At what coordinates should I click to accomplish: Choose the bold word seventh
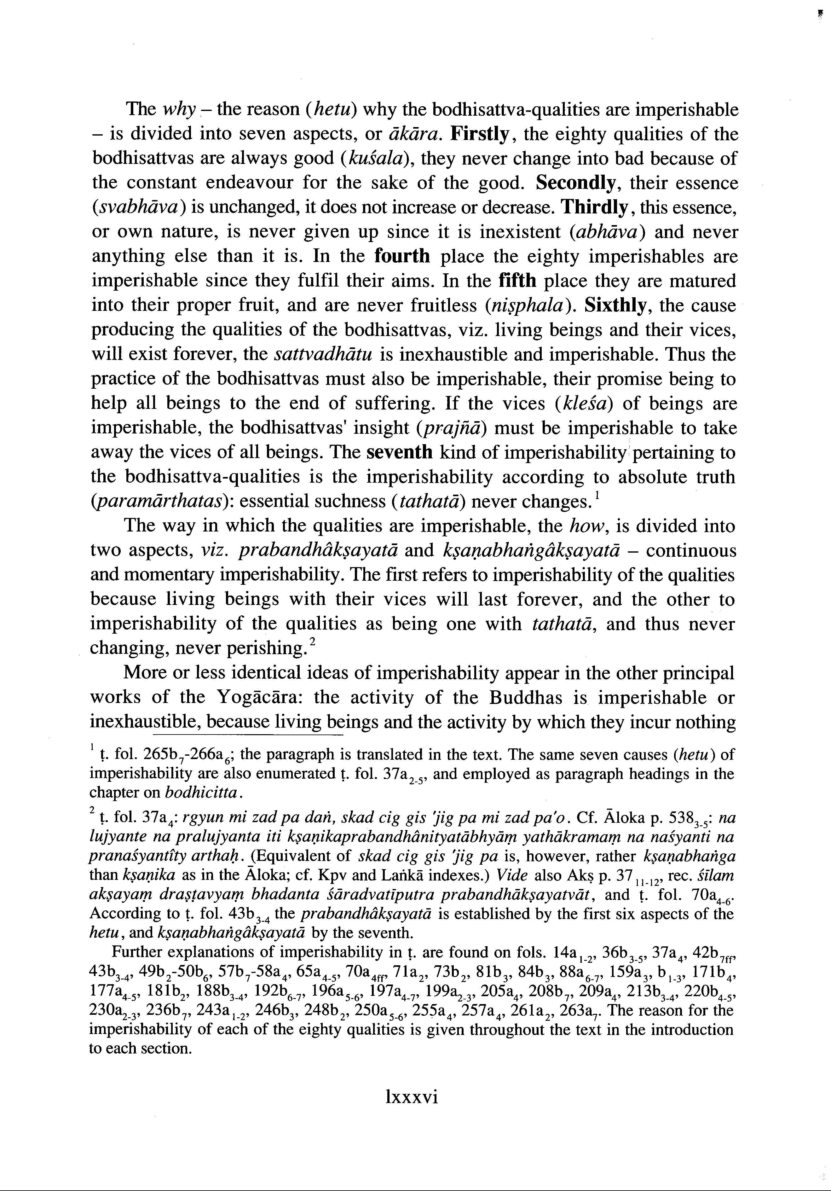tap(399, 452)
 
